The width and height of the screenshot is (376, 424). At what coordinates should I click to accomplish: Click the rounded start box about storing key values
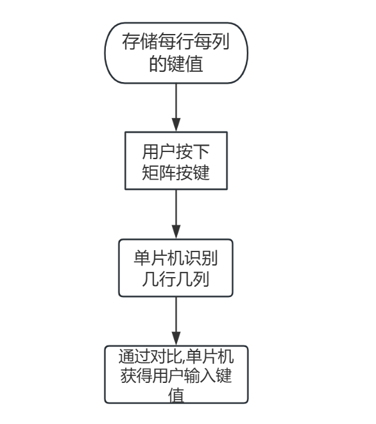176,53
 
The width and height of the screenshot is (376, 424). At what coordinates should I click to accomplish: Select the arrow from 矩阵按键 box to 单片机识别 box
176,215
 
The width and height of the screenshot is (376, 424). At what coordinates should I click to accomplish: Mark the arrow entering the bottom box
176,323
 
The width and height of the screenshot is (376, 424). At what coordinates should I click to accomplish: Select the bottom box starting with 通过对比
176,375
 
